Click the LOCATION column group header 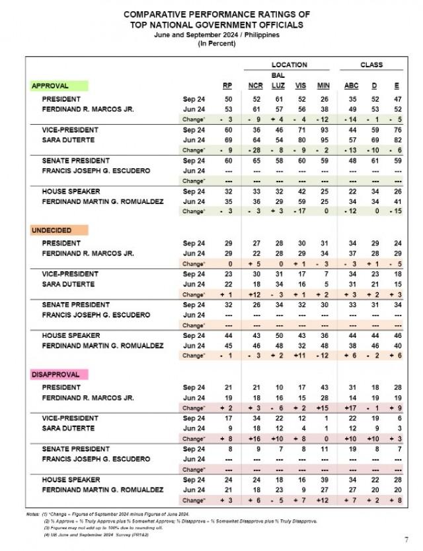[x=289, y=65]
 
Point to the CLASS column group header [x=371, y=65]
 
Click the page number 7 [x=406, y=539]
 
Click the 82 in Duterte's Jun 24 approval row [x=398, y=141]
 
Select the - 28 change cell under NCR [x=247, y=150]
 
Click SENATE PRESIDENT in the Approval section [x=75, y=160]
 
